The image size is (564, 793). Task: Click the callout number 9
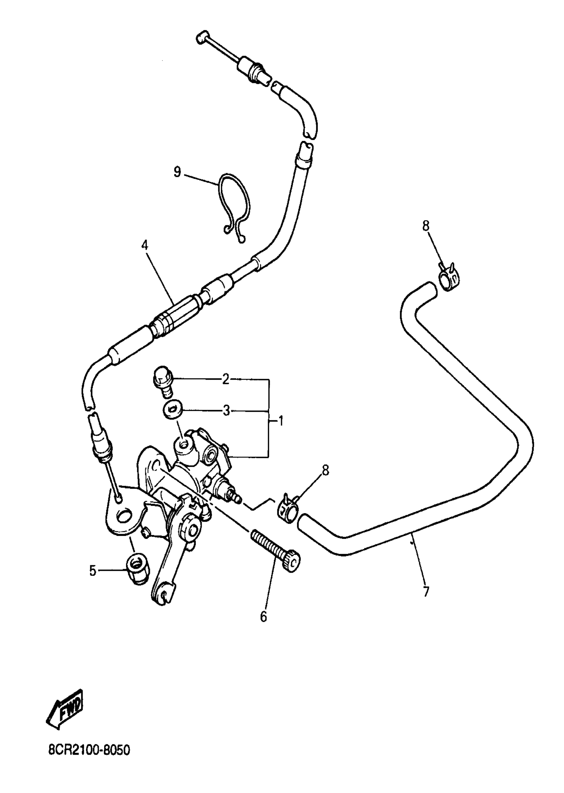[x=177, y=172]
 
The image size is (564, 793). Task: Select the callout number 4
[x=144, y=245]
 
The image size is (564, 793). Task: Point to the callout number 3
[x=226, y=412]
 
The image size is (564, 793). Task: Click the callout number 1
[x=281, y=422]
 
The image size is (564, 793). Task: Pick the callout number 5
[x=92, y=570]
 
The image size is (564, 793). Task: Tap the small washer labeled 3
[x=171, y=411]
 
